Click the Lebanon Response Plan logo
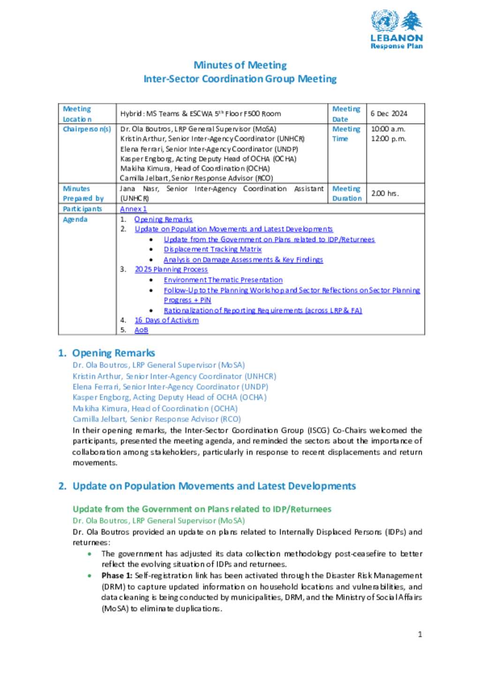coord(397,30)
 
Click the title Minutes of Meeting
coord(240,65)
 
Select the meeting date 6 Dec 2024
coord(389,113)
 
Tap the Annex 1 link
coord(134,209)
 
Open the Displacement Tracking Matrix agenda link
coord(212,249)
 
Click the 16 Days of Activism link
coord(166,320)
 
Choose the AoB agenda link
coord(141,330)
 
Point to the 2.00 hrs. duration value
coord(385,193)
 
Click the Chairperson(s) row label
coord(87,129)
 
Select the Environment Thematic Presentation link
coord(223,280)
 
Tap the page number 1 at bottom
coord(420,634)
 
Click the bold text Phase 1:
coord(117,575)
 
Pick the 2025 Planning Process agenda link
coord(171,269)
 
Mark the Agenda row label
coord(75,219)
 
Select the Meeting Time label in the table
coord(346,134)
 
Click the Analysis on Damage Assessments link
coord(243,260)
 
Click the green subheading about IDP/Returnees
coord(202,509)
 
